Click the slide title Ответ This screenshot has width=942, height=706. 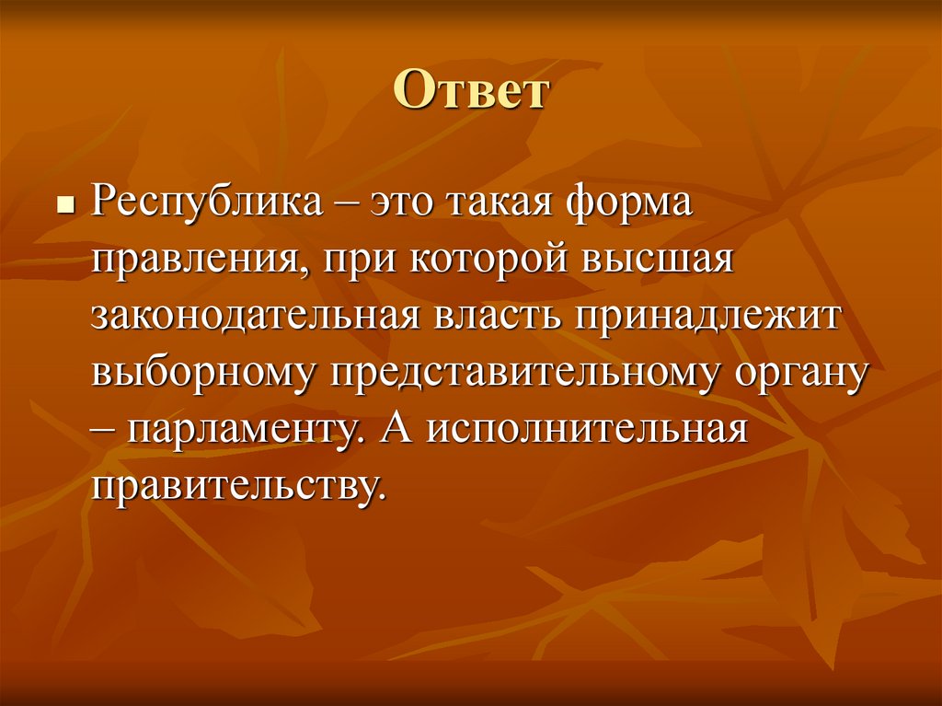pyautogui.click(x=471, y=93)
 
